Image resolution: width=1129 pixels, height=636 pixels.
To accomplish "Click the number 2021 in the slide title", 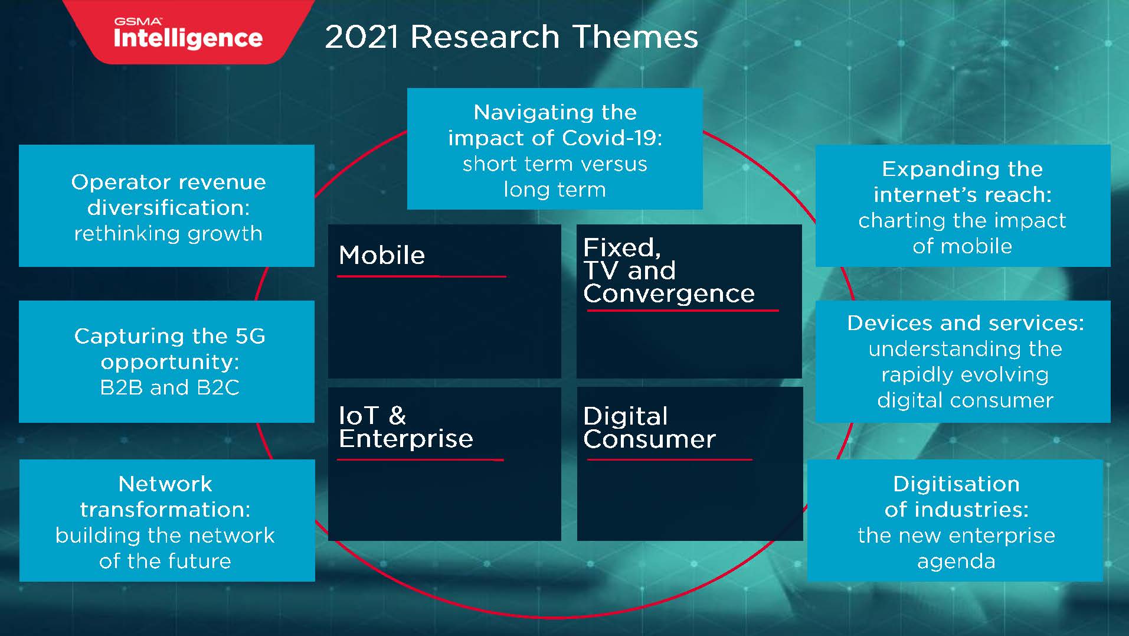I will click(x=361, y=37).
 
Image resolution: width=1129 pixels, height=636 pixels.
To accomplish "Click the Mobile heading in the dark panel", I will click(x=382, y=255).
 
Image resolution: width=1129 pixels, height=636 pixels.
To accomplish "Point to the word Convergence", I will click(x=669, y=293).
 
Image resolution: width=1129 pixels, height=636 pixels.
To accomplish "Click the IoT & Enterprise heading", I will click(x=406, y=427).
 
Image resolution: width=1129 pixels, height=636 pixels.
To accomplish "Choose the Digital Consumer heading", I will click(x=649, y=428).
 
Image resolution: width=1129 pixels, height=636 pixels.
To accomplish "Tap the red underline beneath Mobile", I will click(x=421, y=276).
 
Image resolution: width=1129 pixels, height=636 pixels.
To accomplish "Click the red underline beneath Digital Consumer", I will click(x=669, y=459).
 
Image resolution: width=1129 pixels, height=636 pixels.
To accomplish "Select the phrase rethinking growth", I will click(x=168, y=234).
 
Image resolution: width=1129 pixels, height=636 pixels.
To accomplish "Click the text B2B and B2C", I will click(x=170, y=387).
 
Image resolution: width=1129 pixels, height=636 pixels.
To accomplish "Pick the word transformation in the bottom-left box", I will click(x=165, y=510).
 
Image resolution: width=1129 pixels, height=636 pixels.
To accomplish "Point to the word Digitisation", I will click(x=956, y=484).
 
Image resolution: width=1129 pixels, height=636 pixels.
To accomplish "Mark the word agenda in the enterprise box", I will click(x=956, y=561).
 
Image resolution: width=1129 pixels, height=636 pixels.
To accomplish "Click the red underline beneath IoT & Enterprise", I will click(x=420, y=459).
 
